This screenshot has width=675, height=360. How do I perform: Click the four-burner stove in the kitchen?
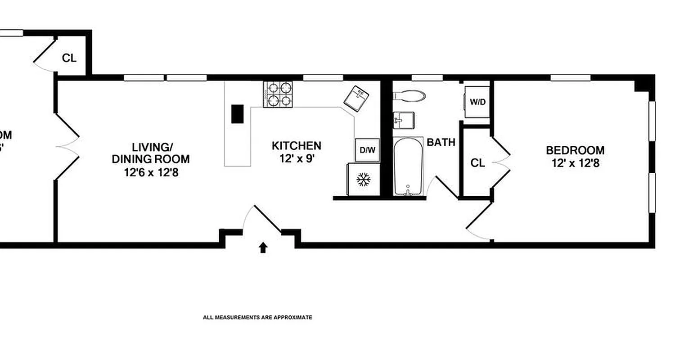pos(278,94)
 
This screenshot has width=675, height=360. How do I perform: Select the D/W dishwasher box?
pos(367,150)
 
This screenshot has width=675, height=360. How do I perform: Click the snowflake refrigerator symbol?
pos(363,180)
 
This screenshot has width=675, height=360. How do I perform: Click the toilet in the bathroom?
pos(409,95)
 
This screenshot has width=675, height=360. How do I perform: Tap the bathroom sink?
pos(403,120)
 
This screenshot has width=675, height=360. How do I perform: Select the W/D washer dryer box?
pos(477,102)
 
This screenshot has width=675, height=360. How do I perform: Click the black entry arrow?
pos(263,247)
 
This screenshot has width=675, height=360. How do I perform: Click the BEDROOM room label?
pos(575,150)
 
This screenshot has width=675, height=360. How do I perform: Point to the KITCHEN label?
pos(297,146)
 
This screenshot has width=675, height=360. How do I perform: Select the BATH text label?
pos(441,143)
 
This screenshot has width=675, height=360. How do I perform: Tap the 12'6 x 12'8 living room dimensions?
pos(151,172)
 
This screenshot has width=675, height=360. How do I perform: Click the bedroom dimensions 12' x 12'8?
pos(576,163)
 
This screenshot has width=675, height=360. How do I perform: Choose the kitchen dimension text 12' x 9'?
pos(297,158)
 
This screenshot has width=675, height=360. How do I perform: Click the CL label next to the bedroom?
pos(477,163)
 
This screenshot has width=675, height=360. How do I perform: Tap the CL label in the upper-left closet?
pos(69,58)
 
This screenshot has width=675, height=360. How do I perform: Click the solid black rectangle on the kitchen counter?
pos(237,113)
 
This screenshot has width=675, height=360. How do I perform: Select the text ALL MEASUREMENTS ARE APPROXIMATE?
pos(257,317)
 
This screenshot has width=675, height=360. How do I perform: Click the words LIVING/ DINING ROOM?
pos(151,153)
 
